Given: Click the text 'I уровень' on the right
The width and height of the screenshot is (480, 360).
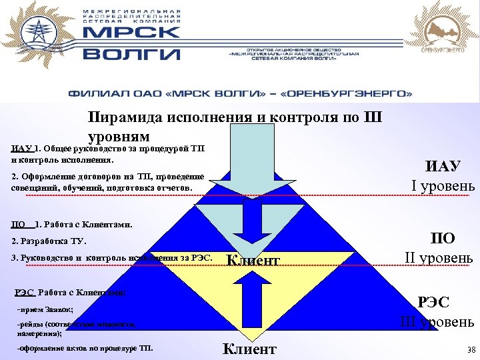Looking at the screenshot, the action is pos(443,185).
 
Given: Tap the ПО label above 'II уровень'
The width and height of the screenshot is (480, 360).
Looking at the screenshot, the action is pos(443,239).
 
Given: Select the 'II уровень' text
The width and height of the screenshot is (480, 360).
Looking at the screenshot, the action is pos(439,257).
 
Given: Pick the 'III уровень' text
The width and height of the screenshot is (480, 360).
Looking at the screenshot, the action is pos(437,322).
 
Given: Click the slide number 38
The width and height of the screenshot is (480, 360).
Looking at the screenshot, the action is pos(471,349).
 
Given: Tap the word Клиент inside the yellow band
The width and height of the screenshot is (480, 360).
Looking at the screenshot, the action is pos(253,261).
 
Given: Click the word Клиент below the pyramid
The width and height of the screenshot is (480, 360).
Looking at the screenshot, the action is pos(249,349).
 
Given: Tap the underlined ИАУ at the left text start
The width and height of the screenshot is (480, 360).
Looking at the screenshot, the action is pos(21,148).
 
